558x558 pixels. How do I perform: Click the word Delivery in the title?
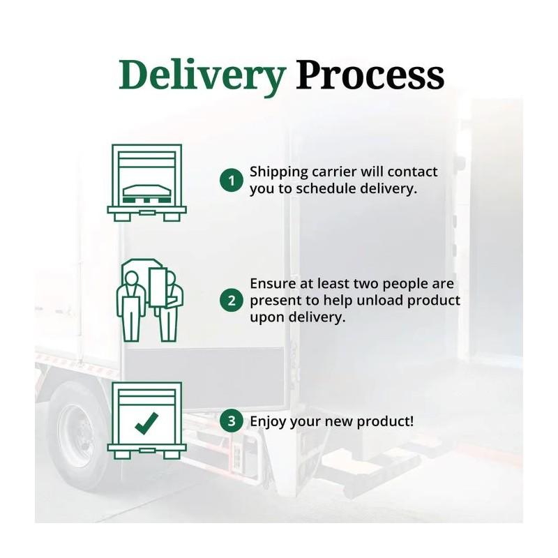point(202,75)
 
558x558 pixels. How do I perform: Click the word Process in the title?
point(370,75)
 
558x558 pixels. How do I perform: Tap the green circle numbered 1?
point(230,181)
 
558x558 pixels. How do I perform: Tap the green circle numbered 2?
point(230,301)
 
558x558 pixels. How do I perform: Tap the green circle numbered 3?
point(230,421)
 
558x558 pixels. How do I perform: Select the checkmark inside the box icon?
point(146,422)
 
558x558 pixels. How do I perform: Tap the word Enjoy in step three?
point(266,421)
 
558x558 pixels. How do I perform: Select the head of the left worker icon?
point(133,277)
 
